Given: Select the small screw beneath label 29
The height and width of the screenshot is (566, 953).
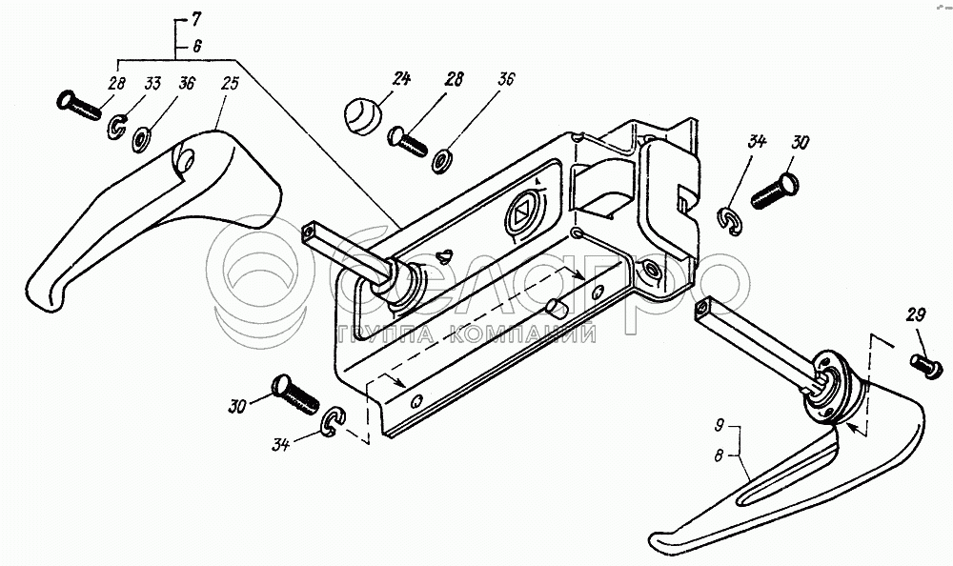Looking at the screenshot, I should (x=921, y=363).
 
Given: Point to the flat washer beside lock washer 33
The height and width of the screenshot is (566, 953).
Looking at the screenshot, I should (x=142, y=140).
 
